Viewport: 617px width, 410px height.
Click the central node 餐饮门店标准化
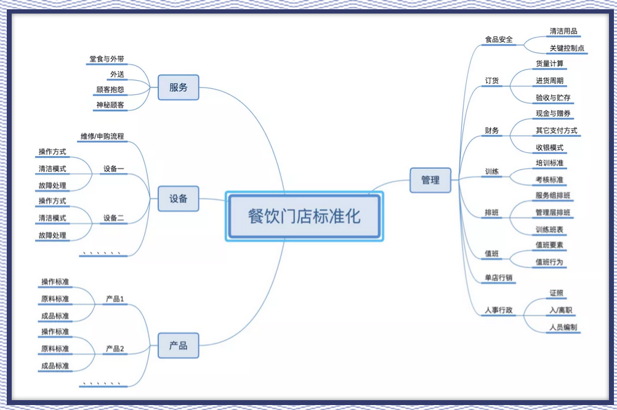(x=304, y=216)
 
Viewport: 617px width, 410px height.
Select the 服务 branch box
(x=178, y=87)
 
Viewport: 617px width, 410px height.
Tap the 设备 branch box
(x=178, y=199)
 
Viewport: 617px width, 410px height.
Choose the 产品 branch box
(x=178, y=345)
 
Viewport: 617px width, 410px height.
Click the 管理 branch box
(x=430, y=180)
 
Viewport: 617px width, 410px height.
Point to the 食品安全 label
(x=499, y=39)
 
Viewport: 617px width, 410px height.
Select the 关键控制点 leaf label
(x=567, y=48)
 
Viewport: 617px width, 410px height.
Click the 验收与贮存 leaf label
(x=553, y=97)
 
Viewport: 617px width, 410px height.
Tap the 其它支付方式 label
(x=557, y=130)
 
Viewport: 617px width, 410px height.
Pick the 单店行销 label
(x=499, y=277)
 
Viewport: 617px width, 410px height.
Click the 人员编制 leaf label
(x=563, y=327)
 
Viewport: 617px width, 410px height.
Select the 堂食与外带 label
(x=107, y=59)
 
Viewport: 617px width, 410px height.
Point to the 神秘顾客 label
(x=110, y=105)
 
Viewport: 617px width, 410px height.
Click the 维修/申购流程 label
(x=102, y=136)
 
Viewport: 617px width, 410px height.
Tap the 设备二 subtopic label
(x=114, y=218)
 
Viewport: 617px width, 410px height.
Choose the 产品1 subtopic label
(x=115, y=299)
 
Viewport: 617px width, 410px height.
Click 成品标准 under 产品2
(x=55, y=366)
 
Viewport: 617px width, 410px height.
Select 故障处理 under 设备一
(x=52, y=186)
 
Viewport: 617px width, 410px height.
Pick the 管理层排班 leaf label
(x=553, y=213)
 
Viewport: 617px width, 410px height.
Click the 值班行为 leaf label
(x=549, y=262)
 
